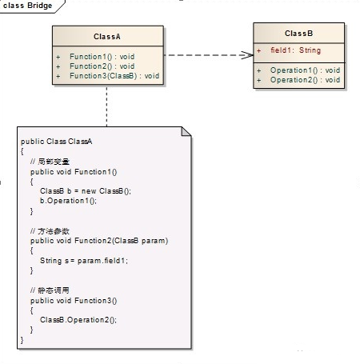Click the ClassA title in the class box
tap(107, 36)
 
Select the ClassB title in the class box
tap(298, 33)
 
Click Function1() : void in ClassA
tap(102, 58)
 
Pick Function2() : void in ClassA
tap(102, 66)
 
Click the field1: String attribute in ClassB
tap(294, 51)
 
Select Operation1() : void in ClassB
tap(305, 70)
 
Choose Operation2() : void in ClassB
tap(305, 80)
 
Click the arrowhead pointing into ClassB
tap(247, 55)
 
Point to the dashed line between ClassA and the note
tap(106, 104)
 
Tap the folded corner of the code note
tap(187, 131)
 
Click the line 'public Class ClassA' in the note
tap(57, 142)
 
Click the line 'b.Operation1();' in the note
tap(67, 201)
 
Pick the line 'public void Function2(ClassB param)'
tap(99, 241)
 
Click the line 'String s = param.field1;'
tap(83, 260)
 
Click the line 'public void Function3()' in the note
tap(74, 300)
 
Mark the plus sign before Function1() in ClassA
tap(58, 58)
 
